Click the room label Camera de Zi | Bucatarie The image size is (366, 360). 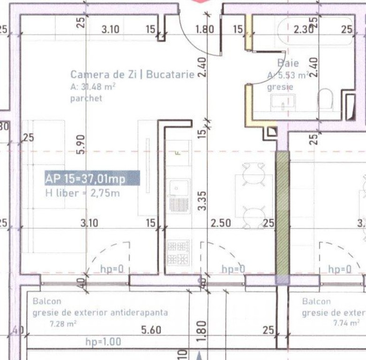tap(132, 75)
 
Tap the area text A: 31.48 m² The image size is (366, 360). tap(93, 87)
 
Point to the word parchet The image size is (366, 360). tap(86, 98)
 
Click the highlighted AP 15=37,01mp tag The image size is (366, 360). tap(92, 179)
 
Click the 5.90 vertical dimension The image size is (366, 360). tap(81, 145)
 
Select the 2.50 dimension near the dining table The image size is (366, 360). tap(220, 223)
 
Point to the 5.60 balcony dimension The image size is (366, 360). tap(151, 330)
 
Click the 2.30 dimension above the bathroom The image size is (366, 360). tap(304, 30)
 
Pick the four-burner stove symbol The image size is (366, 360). tap(178, 252)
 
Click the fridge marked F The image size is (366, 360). tap(178, 153)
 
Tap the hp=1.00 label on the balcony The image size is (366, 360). tap(103, 342)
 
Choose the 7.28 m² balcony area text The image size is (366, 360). tap(63, 323)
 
